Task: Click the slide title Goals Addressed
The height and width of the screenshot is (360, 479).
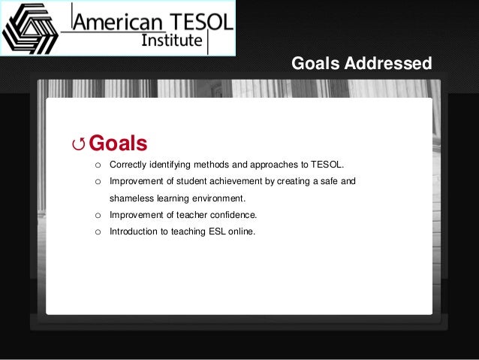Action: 361,64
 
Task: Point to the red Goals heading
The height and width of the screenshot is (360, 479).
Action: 118,143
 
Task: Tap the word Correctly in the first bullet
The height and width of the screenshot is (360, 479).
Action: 128,165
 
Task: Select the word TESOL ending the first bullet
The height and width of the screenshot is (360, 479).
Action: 327,165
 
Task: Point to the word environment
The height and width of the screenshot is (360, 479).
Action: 218,198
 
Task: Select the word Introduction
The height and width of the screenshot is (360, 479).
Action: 133,231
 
